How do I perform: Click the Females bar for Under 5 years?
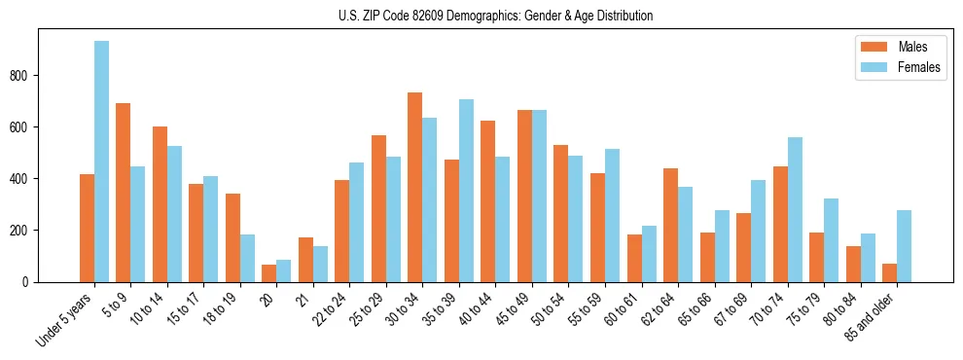click(x=101, y=162)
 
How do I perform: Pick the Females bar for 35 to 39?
click(x=466, y=191)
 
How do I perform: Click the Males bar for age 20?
click(x=269, y=273)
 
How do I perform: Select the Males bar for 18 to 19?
click(x=232, y=237)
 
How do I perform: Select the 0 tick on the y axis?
click(x=30, y=282)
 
